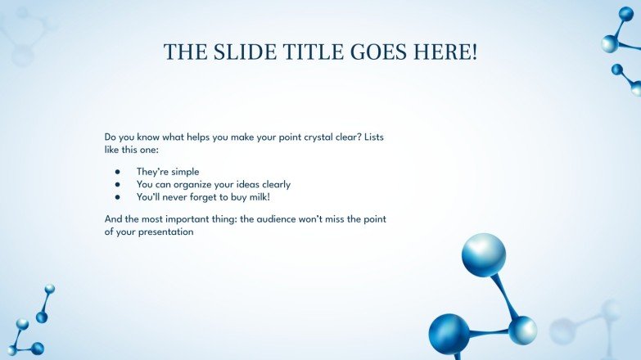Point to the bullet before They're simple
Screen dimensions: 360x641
pos(118,172)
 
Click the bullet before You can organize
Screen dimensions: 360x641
pos(118,184)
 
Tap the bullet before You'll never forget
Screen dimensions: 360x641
pos(118,196)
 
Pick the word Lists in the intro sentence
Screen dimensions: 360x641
pos(372,137)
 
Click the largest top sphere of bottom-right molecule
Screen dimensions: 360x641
pos(483,254)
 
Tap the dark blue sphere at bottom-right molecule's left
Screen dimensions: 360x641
pos(449,333)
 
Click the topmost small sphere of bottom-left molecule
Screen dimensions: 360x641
pos(50,289)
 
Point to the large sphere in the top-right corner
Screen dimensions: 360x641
pos(610,43)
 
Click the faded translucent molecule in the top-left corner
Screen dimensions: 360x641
pos(25,37)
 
